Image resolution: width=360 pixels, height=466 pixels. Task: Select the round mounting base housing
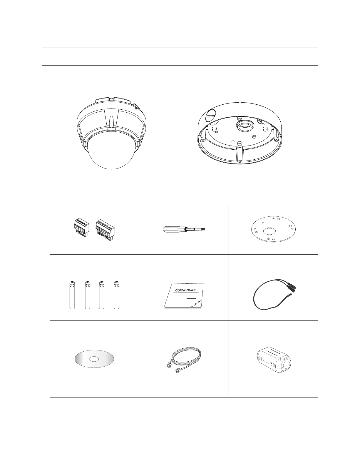coord(240,133)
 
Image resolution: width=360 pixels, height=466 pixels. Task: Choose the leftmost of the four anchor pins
coord(72,295)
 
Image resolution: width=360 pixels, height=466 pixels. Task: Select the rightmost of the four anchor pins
coord(117,295)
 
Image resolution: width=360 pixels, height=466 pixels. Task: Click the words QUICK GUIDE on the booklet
coord(185,290)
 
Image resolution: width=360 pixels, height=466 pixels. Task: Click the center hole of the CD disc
coord(94,359)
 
